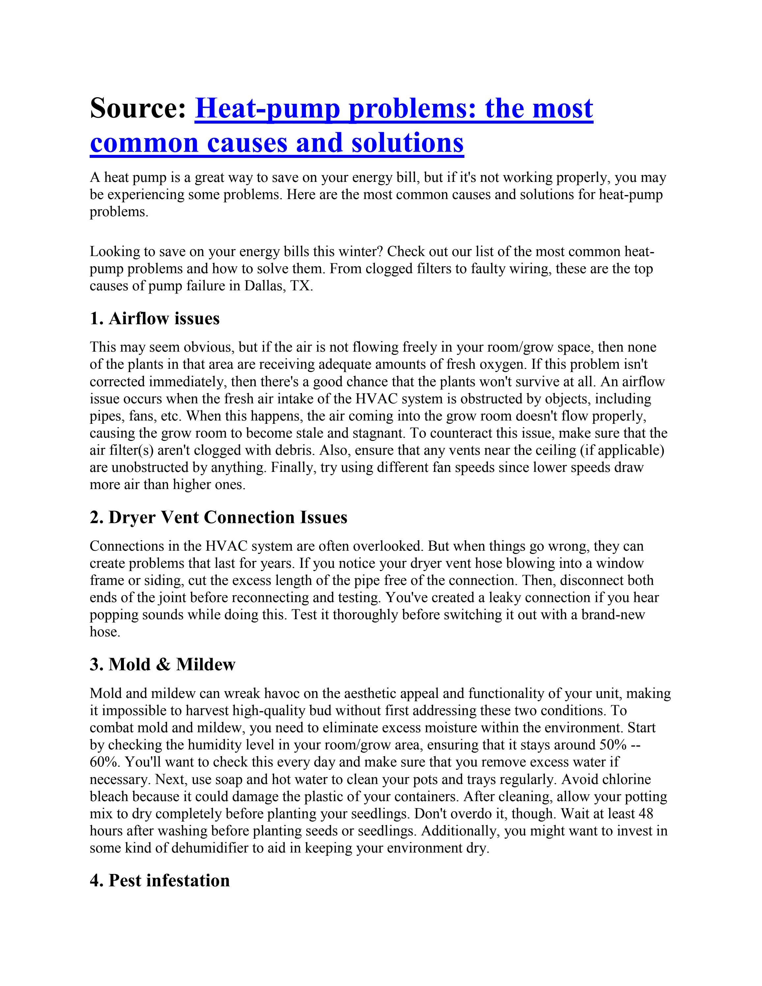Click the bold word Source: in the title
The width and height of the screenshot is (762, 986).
(138, 109)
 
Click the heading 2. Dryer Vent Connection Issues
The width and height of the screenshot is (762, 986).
(219, 517)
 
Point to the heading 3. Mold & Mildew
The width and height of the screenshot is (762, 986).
(162, 665)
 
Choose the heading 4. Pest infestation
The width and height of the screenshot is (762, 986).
(160, 880)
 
